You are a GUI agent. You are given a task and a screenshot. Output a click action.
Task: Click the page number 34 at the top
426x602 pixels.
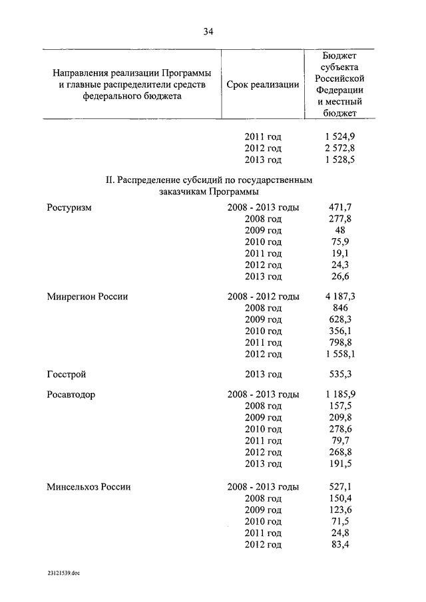[212, 31]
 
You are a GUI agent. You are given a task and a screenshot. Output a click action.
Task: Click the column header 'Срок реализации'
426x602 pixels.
[262, 85]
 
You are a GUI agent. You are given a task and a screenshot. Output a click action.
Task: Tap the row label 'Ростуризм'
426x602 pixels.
[69, 208]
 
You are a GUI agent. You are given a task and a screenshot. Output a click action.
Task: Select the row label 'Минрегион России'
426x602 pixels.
[87, 297]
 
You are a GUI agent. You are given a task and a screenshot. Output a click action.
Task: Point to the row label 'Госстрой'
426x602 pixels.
[67, 375]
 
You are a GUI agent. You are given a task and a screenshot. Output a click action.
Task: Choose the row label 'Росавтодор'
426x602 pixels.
[71, 394]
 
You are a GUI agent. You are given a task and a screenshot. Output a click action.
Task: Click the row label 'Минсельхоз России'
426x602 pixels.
[89, 487]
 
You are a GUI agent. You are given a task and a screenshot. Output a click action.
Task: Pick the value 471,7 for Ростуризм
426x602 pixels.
[339, 208]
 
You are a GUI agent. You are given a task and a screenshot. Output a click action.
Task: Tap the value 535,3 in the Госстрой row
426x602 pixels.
[339, 375]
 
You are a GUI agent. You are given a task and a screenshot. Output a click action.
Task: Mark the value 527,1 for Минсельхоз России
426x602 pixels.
[339, 487]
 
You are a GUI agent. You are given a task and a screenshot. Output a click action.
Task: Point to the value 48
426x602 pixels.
[339, 230]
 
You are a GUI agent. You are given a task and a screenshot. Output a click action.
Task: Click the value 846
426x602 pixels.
[339, 308]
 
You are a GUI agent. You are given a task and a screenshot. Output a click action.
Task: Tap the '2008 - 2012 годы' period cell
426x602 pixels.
[263, 297]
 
